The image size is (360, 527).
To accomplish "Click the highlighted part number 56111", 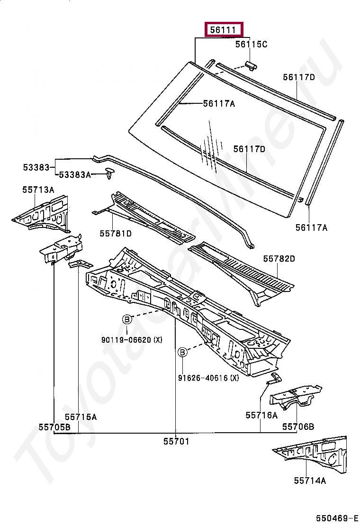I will click(223, 29).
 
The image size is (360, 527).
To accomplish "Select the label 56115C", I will click(251, 44).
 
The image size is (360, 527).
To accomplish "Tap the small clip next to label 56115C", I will click(251, 64).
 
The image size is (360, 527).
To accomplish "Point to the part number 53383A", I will click(74, 175).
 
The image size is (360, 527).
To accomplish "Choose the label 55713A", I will click(38, 190).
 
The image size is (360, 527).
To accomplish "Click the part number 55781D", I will click(116, 233).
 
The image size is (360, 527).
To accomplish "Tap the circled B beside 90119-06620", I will click(127, 320).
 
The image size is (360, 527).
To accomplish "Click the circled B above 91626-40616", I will click(182, 352).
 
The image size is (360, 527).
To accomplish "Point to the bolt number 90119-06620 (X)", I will click(131, 339).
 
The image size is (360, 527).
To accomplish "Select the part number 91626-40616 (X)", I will click(208, 378).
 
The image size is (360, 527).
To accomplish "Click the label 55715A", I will click(81, 417).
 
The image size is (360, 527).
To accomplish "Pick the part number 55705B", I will click(54, 427).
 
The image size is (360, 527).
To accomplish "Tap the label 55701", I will click(176, 441).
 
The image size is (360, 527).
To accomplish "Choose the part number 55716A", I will click(261, 415).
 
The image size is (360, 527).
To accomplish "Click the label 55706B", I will click(298, 427).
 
